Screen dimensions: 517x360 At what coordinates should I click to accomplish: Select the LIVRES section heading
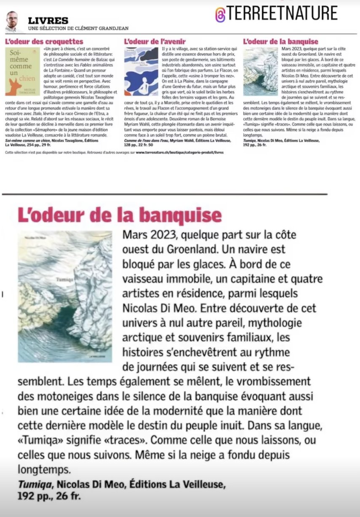pos(48,20)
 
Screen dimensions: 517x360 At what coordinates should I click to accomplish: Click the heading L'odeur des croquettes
pos(44,41)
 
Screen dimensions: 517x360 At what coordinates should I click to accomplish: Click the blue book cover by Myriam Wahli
pos(141,71)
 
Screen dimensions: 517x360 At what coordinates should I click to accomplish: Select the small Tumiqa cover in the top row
pos(260,71)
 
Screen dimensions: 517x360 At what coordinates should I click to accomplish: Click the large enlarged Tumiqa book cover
pos(65,296)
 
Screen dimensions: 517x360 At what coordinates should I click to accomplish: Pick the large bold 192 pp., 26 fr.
pos(49,496)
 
